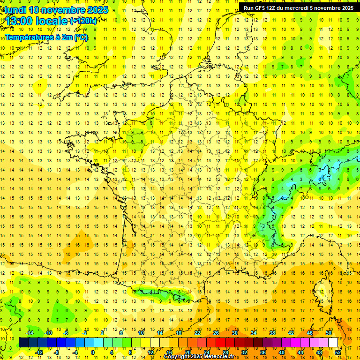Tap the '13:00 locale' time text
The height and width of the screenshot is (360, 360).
pos(37,21)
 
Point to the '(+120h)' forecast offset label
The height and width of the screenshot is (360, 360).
pos(83,21)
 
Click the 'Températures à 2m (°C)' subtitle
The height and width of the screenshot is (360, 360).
pos(46,37)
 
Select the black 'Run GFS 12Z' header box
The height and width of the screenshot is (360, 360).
pos(299,7)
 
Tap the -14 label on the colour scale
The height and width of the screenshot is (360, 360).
pos(30,332)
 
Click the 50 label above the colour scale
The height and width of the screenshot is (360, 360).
pos(328,332)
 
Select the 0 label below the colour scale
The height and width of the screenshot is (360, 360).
pos(92,352)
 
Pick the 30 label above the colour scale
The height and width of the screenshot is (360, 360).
pos(234,332)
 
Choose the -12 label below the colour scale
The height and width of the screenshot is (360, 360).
pos(39,352)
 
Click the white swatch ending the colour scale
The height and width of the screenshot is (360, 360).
pos(333,342)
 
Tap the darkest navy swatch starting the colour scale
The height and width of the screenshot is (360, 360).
pos(23,342)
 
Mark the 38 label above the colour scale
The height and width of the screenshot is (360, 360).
pos(272,332)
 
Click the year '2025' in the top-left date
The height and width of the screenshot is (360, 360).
pos(97,10)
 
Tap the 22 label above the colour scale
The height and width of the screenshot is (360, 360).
pos(197,332)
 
